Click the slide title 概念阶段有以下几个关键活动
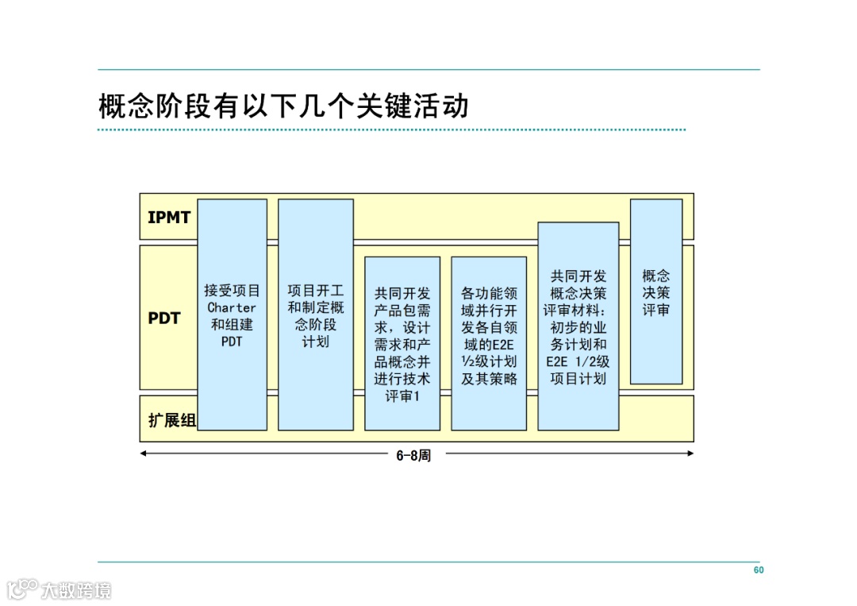(x=283, y=106)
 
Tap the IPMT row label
(x=169, y=217)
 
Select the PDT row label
(x=164, y=318)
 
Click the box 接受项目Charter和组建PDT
(x=232, y=315)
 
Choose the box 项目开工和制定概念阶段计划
(x=315, y=315)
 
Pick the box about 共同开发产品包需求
(x=402, y=343)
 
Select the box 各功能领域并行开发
(x=489, y=343)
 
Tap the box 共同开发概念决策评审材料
(x=578, y=326)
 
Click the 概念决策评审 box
(x=656, y=291)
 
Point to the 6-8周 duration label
(x=413, y=456)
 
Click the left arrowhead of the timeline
(x=144, y=454)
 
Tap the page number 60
(x=759, y=570)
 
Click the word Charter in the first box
(x=232, y=307)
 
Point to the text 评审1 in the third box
(x=402, y=396)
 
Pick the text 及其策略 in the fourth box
(x=489, y=378)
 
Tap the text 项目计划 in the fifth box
(x=578, y=378)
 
